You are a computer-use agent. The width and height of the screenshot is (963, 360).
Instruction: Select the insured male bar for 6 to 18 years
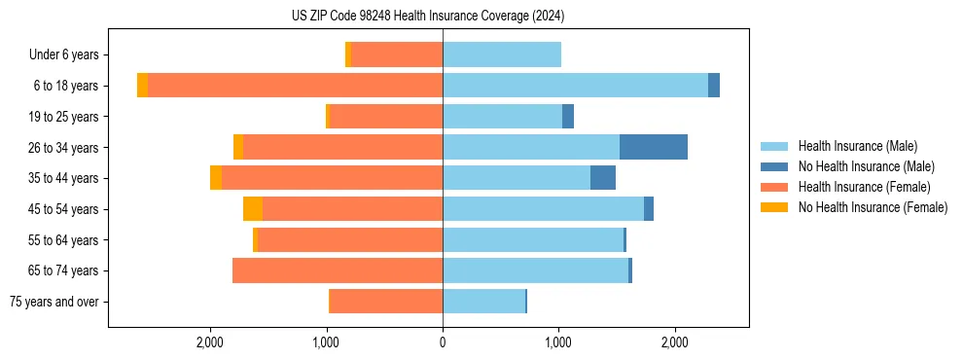pos(575,86)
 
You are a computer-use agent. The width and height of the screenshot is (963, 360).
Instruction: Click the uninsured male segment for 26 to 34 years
pos(653,147)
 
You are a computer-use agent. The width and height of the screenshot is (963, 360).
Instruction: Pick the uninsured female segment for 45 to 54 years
pos(253,209)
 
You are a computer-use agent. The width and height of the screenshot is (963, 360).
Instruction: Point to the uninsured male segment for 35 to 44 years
pos(602,178)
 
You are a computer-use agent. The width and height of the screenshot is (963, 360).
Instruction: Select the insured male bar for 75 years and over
pos(483,302)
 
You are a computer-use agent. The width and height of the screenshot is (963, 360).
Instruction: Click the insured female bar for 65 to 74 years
pos(338,270)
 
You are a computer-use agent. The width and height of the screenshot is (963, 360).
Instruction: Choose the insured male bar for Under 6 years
pos(501,54)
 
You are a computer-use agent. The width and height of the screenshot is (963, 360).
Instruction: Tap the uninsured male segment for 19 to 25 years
pos(568,117)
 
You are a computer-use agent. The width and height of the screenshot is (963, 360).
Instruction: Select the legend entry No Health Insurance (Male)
pos(866,166)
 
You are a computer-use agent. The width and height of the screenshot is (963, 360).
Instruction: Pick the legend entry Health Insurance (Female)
pos(864,187)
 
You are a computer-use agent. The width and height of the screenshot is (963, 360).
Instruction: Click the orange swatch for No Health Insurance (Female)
pos(775,207)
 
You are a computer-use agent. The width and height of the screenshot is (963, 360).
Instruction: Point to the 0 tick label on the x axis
pos(443,342)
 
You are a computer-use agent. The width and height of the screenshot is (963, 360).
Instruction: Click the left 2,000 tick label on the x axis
pos(210,342)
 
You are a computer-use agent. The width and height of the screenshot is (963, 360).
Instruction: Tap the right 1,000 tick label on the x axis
pos(558,342)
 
